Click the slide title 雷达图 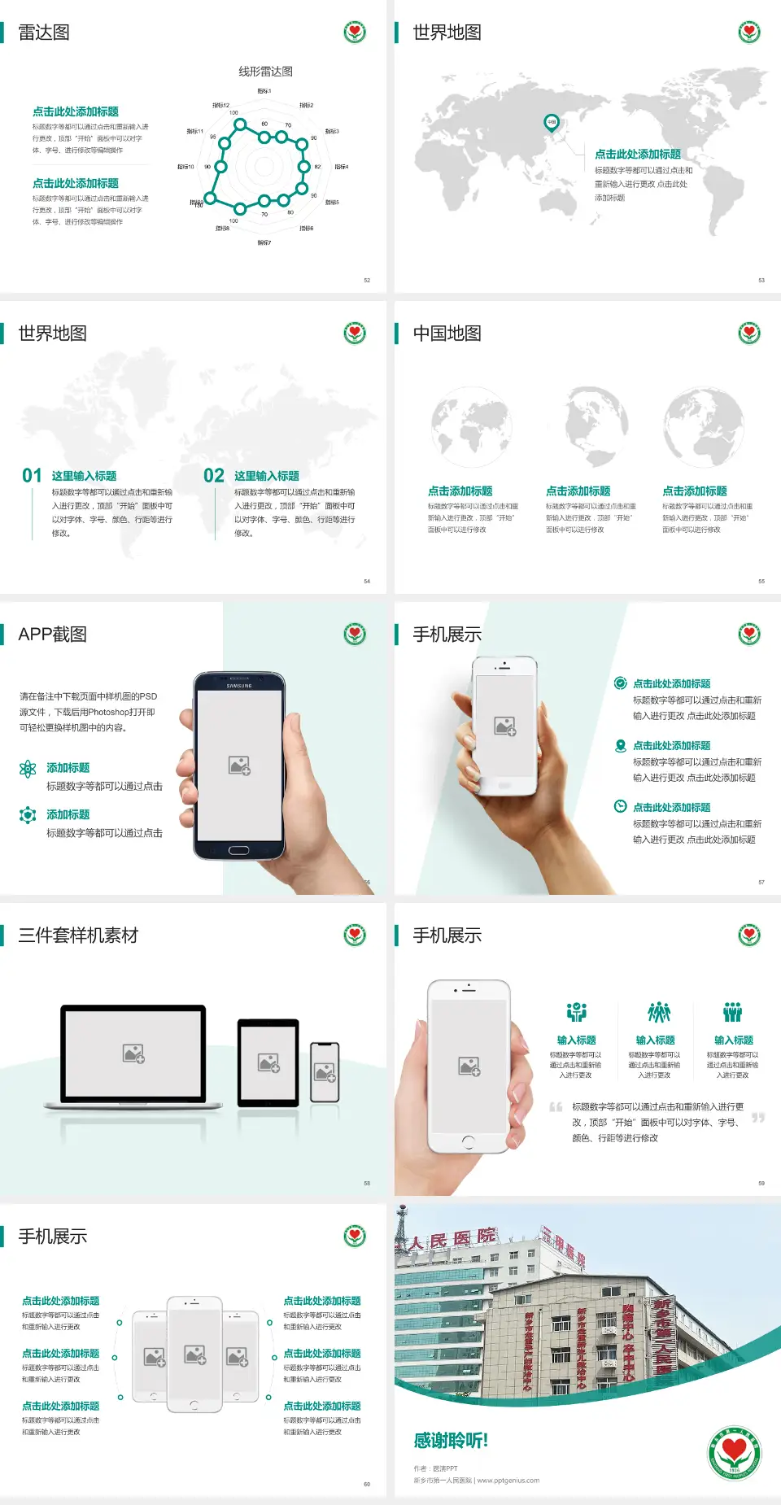(x=44, y=33)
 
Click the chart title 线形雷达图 (x=265, y=72)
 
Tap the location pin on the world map (x=551, y=123)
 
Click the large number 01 (x=32, y=475)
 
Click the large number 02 (x=214, y=475)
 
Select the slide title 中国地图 (x=447, y=334)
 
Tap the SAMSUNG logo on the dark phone (x=239, y=686)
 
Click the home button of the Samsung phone (x=238, y=850)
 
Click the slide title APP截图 (x=52, y=635)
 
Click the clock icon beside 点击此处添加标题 (x=620, y=806)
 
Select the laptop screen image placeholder (x=133, y=1053)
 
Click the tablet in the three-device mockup (x=268, y=1062)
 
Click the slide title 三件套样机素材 (x=78, y=936)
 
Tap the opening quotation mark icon (x=556, y=1107)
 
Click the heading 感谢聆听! (x=451, y=1441)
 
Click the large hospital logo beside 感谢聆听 (x=734, y=1453)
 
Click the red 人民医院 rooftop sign (x=452, y=1239)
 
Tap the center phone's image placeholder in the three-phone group (x=194, y=1354)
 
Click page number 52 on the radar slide (x=367, y=280)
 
